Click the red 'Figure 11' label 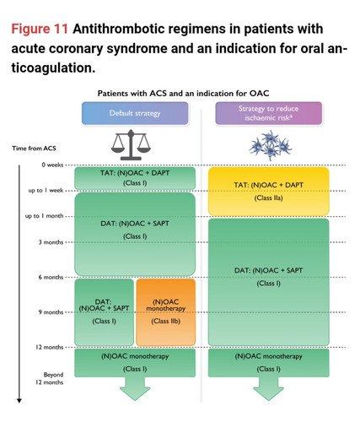pyautogui.click(x=40, y=29)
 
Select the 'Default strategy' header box pyautogui.click(x=135, y=113)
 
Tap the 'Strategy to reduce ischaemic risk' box pyautogui.click(x=269, y=113)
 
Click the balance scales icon pyautogui.click(x=131, y=145)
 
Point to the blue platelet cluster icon pyautogui.click(x=271, y=145)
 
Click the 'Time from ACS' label pyautogui.click(x=34, y=149)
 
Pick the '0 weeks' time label pyautogui.click(x=52, y=165)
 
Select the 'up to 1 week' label pyautogui.click(x=46, y=191)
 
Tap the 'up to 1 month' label pyautogui.click(x=44, y=216)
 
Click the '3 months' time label pyautogui.click(x=51, y=242)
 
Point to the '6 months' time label pyautogui.click(x=51, y=277)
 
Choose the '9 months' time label pyautogui.click(x=51, y=312)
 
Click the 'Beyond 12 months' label pyautogui.click(x=50, y=378)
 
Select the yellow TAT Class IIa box pyautogui.click(x=269, y=192)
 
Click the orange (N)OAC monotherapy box pyautogui.click(x=166, y=312)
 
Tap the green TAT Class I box pyautogui.click(x=135, y=178)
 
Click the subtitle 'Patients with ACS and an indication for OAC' pyautogui.click(x=183, y=94)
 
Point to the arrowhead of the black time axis pyautogui.click(x=19, y=401)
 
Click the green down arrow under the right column pyautogui.click(x=269, y=389)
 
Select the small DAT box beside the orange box pyautogui.click(x=104, y=312)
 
